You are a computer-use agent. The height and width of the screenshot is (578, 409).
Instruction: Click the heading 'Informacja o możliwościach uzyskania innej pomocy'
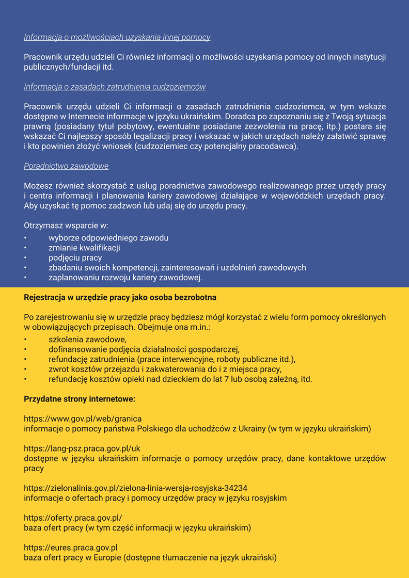click(117, 37)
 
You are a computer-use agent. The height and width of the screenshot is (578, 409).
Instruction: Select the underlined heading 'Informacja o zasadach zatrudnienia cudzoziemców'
click(115, 87)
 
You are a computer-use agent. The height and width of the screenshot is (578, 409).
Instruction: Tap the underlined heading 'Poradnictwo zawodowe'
click(66, 166)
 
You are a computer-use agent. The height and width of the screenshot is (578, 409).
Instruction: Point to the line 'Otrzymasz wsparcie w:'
click(66, 226)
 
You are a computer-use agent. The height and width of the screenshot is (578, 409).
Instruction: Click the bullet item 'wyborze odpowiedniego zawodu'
click(108, 238)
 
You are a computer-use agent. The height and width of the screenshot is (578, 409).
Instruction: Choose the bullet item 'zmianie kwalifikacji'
click(84, 248)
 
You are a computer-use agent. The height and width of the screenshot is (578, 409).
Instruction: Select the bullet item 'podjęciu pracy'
click(75, 258)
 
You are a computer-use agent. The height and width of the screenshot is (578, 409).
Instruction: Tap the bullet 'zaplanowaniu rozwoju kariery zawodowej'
click(125, 278)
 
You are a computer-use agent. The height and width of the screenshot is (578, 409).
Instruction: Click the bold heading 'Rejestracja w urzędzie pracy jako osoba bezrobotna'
click(120, 298)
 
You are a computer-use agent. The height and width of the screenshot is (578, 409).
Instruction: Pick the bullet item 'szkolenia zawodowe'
click(87, 340)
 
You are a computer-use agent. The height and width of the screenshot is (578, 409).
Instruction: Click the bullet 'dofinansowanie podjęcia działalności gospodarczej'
click(144, 349)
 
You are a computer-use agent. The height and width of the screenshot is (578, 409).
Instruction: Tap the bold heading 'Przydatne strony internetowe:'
click(80, 399)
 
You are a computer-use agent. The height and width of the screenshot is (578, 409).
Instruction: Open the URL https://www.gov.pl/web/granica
click(83, 419)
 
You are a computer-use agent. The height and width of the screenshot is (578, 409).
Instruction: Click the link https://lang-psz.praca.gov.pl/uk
click(82, 448)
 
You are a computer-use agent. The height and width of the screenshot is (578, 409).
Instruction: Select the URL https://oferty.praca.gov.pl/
click(73, 518)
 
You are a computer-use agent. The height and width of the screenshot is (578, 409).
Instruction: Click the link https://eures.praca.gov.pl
click(71, 548)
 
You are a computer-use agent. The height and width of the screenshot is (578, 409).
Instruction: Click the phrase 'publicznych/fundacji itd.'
click(69, 67)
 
